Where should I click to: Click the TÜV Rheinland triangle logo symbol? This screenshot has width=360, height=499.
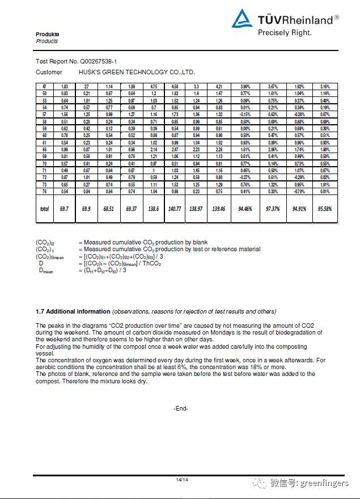pyautogui.click(x=243, y=19)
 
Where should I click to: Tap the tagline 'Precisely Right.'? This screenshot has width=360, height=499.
pyautogui.click(x=285, y=33)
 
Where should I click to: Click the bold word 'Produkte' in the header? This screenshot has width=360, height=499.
pyautogui.click(x=48, y=35)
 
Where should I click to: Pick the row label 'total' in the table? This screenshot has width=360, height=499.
pyautogui.click(x=44, y=209)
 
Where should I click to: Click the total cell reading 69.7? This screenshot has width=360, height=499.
pyautogui.click(x=64, y=209)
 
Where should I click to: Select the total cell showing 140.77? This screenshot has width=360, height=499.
pyautogui.click(x=175, y=209)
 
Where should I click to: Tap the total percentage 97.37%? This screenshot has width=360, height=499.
pyautogui.click(x=273, y=209)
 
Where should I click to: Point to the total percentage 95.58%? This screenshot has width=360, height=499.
pyautogui.click(x=325, y=209)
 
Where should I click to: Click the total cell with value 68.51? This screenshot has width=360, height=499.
pyautogui.click(x=108, y=209)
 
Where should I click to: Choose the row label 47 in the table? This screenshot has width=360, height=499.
pyautogui.click(x=44, y=86)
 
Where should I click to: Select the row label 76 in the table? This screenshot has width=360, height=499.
pyautogui.click(x=44, y=192)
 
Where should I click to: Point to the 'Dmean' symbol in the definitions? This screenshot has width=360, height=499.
pyautogui.click(x=46, y=270)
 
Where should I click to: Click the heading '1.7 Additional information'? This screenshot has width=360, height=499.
pyautogui.click(x=73, y=311)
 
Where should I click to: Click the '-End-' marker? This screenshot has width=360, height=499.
pyautogui.click(x=180, y=408)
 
